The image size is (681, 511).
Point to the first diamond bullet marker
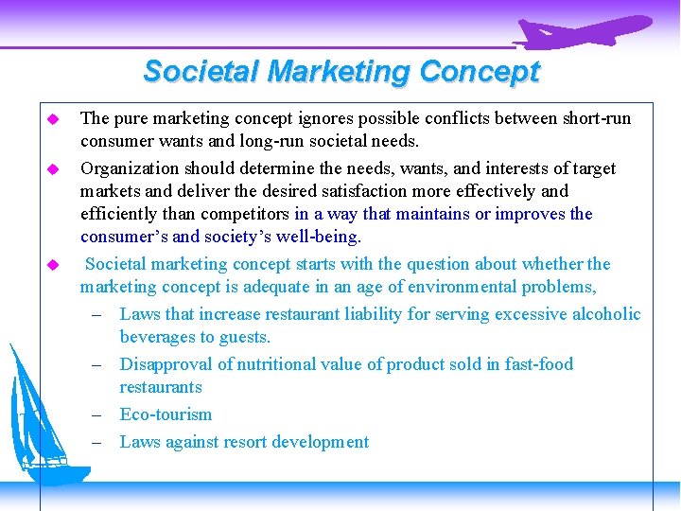tap(54, 119)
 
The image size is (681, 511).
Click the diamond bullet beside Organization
tap(54, 169)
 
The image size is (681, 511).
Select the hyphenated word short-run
tap(594, 119)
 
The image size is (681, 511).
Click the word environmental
tap(467, 288)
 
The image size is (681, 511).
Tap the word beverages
tap(158, 338)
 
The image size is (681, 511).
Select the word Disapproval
tap(166, 365)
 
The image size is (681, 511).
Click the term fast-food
tap(535, 365)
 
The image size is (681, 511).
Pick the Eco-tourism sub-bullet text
tap(166, 415)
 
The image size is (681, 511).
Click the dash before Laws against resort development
tap(97, 442)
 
